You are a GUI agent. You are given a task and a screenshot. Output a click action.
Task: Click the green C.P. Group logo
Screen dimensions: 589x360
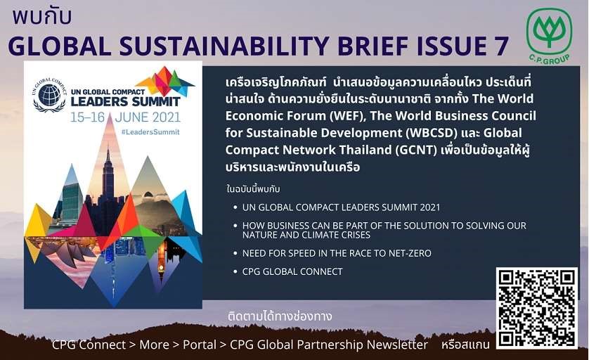point(549,37)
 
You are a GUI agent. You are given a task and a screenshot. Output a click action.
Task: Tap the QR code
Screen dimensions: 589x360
point(536,308)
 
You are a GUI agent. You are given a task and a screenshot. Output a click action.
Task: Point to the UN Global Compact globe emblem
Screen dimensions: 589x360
point(49,95)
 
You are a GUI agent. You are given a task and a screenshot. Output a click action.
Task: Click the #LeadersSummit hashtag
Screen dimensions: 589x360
point(150,132)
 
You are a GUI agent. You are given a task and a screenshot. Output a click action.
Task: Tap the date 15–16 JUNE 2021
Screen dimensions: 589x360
point(126,117)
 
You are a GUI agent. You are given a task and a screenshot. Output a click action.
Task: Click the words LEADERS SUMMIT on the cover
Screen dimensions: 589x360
point(126,101)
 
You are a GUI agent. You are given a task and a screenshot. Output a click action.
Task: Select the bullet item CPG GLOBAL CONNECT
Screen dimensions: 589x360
point(292,271)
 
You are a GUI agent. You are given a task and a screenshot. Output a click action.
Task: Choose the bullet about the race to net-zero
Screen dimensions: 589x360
point(337,253)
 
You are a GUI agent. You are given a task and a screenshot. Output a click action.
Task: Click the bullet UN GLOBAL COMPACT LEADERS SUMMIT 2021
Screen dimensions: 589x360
point(341,207)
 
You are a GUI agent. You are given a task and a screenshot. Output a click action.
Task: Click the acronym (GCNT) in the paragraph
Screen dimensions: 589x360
point(416,150)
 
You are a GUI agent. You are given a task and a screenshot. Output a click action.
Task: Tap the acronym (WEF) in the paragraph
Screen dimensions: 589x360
point(347,116)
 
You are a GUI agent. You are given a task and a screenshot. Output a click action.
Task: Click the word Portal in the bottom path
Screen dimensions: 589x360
point(200,345)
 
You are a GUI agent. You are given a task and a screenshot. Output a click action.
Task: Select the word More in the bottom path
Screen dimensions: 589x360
point(154,345)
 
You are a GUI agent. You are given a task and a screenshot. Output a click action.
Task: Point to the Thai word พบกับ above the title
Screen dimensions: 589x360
point(41,17)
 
